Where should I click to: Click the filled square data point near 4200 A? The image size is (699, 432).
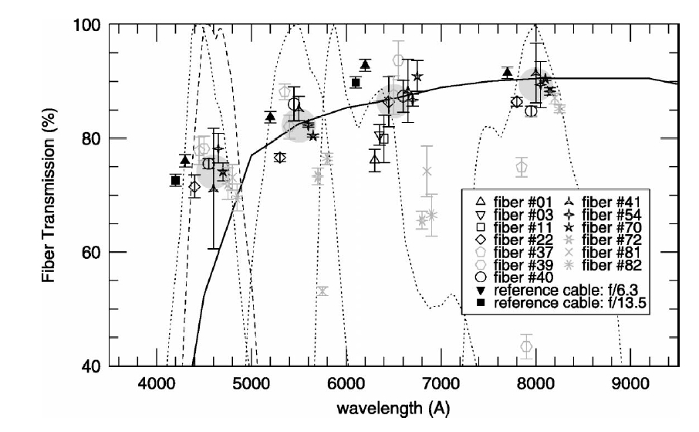tap(175, 180)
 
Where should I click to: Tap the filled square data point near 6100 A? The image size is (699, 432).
tap(356, 83)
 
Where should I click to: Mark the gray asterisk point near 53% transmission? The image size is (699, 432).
tap(322, 291)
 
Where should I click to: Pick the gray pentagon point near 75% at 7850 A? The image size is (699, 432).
tap(522, 167)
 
